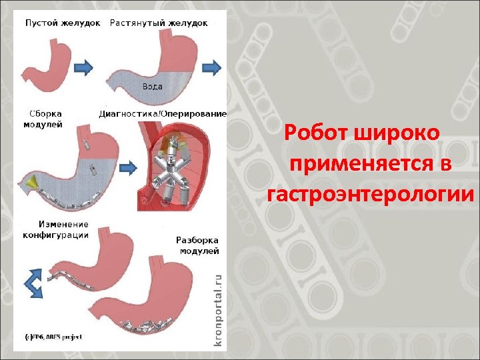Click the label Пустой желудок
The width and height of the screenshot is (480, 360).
coord(63,23)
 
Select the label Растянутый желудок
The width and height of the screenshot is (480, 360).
coord(159,23)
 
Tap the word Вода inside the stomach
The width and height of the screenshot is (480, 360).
coord(153,87)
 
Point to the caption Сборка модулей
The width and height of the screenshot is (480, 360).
coord(44,118)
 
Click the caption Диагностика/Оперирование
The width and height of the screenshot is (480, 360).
coord(162,113)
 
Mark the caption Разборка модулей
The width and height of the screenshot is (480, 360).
coord(197,245)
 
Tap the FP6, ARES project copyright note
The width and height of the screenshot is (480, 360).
coord(53,337)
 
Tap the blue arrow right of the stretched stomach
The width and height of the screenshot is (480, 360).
coord(212,66)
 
